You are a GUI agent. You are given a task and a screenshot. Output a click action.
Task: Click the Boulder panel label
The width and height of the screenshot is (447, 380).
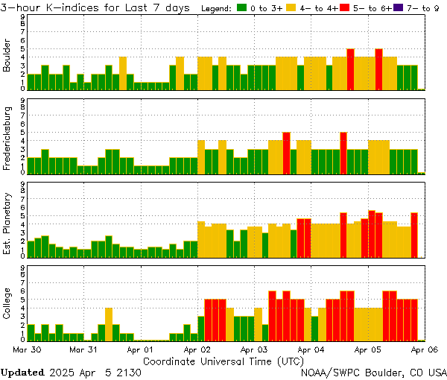[7, 57]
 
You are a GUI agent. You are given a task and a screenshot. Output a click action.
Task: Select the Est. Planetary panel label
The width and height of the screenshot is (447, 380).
[7, 223]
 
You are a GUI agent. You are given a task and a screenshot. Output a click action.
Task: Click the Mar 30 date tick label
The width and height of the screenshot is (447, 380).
[28, 349]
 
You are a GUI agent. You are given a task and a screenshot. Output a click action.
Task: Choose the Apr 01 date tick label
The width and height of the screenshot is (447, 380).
[139, 349]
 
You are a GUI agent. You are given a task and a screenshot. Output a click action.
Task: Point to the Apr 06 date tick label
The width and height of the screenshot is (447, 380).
[424, 349]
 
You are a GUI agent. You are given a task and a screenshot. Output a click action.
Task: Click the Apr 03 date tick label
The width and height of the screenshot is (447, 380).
[253, 349]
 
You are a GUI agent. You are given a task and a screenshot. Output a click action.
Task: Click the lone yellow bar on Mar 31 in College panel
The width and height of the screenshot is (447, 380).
[109, 323]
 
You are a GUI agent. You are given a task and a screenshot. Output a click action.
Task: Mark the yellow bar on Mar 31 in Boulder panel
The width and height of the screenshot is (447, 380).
[123, 73]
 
